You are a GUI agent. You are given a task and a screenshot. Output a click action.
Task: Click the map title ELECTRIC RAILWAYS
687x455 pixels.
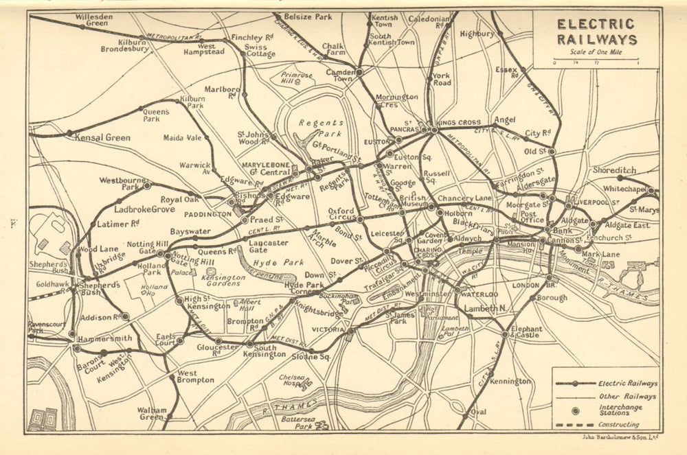tap(596, 32)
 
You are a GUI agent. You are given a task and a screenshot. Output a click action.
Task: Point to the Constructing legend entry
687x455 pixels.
tap(619, 424)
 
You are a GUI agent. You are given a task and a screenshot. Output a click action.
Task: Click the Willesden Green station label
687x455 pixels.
tap(91, 20)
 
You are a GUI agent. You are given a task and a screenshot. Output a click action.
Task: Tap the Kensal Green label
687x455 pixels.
tap(103, 137)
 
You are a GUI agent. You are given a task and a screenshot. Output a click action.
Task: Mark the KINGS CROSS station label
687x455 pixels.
tap(459, 123)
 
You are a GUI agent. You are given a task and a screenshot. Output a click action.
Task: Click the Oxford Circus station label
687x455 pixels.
tap(341, 215)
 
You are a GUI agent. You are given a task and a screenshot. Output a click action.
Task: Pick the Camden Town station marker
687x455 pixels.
tap(359, 71)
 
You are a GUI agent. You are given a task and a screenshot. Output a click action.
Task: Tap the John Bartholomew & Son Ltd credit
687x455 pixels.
tap(620, 437)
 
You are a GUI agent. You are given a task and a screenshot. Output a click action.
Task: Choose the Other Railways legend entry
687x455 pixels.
tap(627, 396)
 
